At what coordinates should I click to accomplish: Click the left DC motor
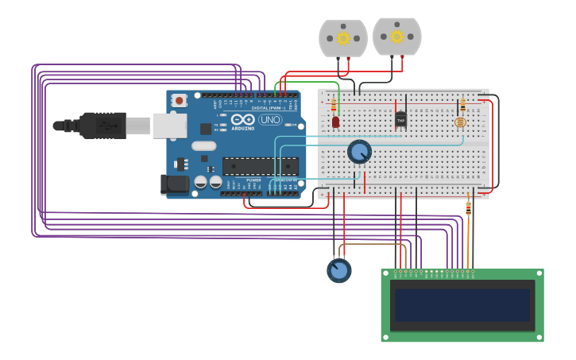343,38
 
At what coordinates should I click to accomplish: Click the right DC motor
397,36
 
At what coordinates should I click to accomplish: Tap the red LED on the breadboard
335,122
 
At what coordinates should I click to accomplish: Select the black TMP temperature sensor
400,119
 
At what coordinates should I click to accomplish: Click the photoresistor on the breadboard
460,122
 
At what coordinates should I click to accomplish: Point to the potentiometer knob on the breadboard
360,151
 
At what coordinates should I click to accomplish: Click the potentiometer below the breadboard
339,270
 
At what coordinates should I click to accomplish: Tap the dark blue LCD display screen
462,305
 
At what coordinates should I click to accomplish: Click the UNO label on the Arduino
270,120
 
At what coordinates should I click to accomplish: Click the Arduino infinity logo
243,119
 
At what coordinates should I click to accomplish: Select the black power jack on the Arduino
174,184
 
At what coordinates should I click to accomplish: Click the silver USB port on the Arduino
169,126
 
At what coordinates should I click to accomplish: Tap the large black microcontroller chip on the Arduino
261,166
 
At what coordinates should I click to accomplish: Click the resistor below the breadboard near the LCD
468,208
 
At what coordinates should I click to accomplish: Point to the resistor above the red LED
334,106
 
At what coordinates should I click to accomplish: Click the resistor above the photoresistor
462,105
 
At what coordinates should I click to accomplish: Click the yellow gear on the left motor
343,38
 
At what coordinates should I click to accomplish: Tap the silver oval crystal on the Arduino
203,145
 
